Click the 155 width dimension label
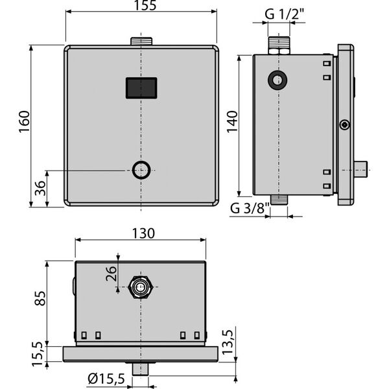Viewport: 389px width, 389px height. pyautogui.click(x=145, y=5)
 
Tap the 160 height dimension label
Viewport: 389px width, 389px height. pyautogui.click(x=25, y=122)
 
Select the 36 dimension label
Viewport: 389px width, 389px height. pyautogui.click(x=40, y=188)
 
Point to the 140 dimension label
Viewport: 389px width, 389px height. pyautogui.click(x=232, y=122)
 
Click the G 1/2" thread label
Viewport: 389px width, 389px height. pyautogui.click(x=285, y=14)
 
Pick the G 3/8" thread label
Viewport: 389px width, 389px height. pyautogui.click(x=250, y=208)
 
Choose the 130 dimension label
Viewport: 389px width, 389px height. pyautogui.click(x=143, y=233)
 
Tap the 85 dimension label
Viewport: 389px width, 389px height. pyautogui.click(x=40, y=298)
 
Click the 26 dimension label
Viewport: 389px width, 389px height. pyautogui.click(x=111, y=274)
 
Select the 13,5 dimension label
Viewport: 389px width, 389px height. pyautogui.click(x=228, y=342)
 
